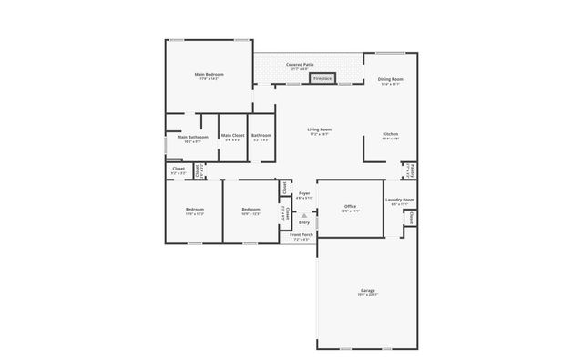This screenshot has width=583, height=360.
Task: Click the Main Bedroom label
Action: click(x=210, y=74)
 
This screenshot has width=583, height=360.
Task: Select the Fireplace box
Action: click(x=322, y=79)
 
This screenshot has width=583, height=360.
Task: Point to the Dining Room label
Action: click(x=391, y=79)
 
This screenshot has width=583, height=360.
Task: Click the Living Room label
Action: click(x=319, y=129)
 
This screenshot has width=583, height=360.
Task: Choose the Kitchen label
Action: click(x=390, y=134)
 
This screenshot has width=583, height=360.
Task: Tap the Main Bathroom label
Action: click(x=193, y=137)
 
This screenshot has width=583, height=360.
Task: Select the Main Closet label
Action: click(x=232, y=136)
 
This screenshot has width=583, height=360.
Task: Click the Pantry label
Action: click(x=411, y=170)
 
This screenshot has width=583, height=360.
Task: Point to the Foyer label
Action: click(x=304, y=193)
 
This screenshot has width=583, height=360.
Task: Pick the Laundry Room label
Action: click(x=400, y=200)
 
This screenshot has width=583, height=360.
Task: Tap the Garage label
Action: click(x=367, y=290)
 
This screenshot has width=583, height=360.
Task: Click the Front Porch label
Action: click(x=302, y=235)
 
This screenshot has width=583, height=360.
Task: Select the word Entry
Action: click(x=304, y=222)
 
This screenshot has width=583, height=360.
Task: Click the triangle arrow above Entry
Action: click(x=304, y=215)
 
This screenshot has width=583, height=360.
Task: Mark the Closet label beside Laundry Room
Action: click(x=412, y=219)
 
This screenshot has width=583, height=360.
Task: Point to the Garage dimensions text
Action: click(x=367, y=294)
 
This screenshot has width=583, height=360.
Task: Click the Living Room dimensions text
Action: click(x=319, y=134)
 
